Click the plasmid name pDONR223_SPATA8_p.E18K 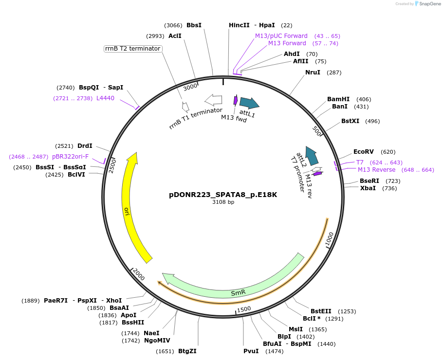pyautogui.click(x=223, y=195)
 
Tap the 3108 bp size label pyautogui.click(x=223, y=202)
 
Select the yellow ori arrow pyautogui.click(x=130, y=204)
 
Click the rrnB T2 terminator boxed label pyautogui.click(x=132, y=49)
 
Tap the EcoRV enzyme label pyautogui.click(x=364, y=152)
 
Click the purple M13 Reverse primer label pyautogui.click(x=376, y=170)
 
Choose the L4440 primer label pyautogui.click(x=105, y=98)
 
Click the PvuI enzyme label pyautogui.click(x=251, y=351)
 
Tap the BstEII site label pyautogui.click(x=321, y=311)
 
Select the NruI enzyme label pyautogui.click(x=313, y=72)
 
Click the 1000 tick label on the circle pyautogui.click(x=330, y=238)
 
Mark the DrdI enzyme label pyautogui.click(x=85, y=146)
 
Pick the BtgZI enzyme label pyautogui.click(x=187, y=351)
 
